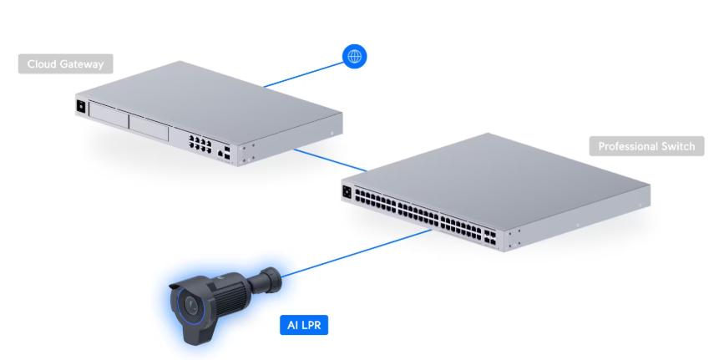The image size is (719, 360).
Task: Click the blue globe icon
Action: pyautogui.click(x=355, y=56)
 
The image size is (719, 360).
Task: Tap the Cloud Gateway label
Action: pyautogui.click(x=66, y=64)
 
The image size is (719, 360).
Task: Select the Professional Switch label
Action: pyautogui.click(x=646, y=146)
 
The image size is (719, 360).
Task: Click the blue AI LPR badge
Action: pyautogui.click(x=303, y=325)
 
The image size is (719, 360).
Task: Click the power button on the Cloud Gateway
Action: pyautogui.click(x=81, y=106)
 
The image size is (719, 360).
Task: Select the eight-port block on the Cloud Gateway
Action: pyautogui.click(x=200, y=143)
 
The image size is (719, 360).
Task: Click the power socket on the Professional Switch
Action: pyautogui.click(x=346, y=191)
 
